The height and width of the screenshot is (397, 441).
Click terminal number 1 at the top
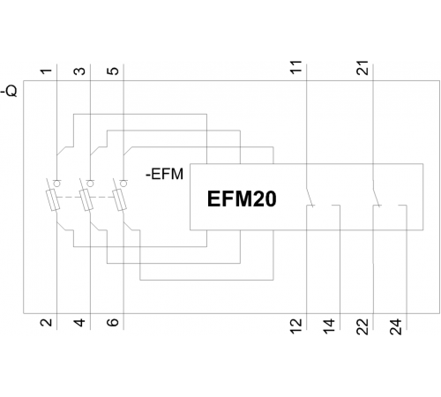pyautogui.click(x=46, y=71)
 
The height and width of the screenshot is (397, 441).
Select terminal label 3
pyautogui.click(x=79, y=71)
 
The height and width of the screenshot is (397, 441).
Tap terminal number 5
pyautogui.click(x=113, y=71)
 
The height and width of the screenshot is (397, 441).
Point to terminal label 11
pyautogui.click(x=296, y=67)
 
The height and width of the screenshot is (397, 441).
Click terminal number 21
pyautogui.click(x=363, y=68)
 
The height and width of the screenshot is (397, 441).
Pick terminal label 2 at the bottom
pyautogui.click(x=46, y=323)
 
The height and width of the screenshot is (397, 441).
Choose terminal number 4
pyautogui.click(x=79, y=323)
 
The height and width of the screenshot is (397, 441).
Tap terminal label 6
pyautogui.click(x=113, y=322)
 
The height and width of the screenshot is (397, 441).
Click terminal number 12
pyautogui.click(x=296, y=326)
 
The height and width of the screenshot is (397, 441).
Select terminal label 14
pyautogui.click(x=329, y=326)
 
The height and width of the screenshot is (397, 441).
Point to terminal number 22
pyautogui.click(x=363, y=326)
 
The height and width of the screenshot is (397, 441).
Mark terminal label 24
pyautogui.click(x=396, y=326)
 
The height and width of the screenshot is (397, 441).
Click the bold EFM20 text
pyautogui.click(x=242, y=199)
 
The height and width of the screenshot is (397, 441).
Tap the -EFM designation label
pyautogui.click(x=165, y=174)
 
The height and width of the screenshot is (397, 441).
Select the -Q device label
pyautogui.click(x=10, y=91)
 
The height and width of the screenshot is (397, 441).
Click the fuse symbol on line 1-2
pyautogui.click(x=53, y=200)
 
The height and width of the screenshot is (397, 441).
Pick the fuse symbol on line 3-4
pyautogui.click(x=86, y=200)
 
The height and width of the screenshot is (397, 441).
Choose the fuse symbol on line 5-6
pyautogui.click(x=120, y=200)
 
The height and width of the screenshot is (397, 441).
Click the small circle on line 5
pyautogui.click(x=124, y=184)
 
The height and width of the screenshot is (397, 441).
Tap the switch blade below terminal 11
pyautogui.click(x=310, y=197)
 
